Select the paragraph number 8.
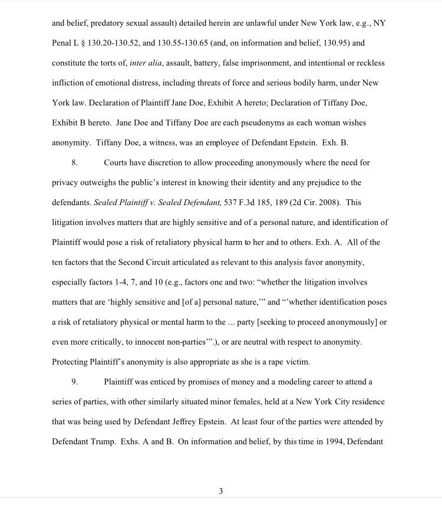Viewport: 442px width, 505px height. coord(74,162)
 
